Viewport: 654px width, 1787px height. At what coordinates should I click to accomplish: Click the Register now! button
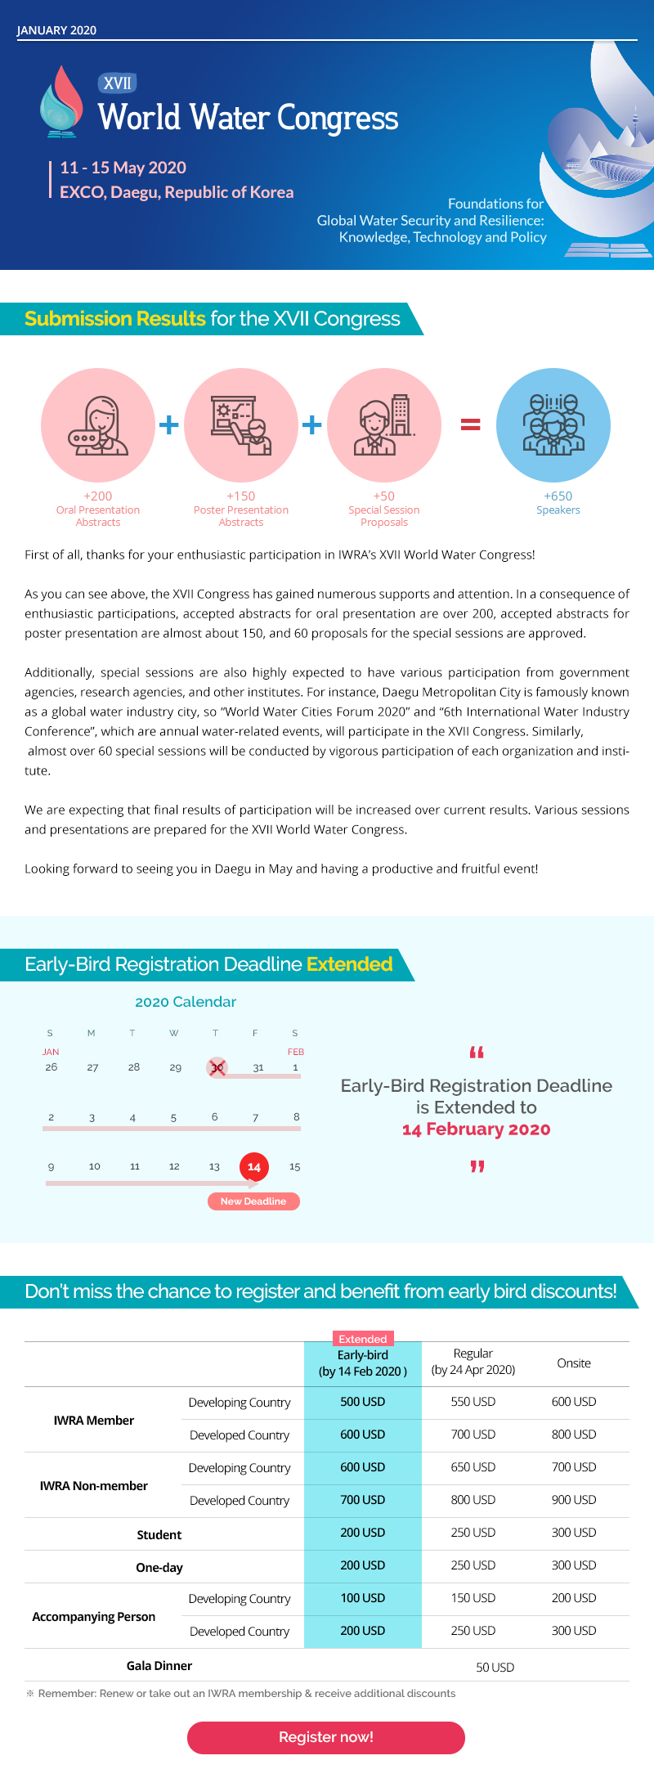pos(326,1737)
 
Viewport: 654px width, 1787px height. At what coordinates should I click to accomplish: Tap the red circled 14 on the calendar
pos(253,1167)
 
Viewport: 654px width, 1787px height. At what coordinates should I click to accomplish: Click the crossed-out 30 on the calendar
pos(217,1067)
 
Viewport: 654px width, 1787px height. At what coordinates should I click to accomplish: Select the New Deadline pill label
pos(253,1201)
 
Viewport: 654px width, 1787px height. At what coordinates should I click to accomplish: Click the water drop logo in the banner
pos(61,101)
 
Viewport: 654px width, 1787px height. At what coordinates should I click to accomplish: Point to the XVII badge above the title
pos(118,83)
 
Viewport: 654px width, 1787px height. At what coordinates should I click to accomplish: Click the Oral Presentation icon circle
pos(98,425)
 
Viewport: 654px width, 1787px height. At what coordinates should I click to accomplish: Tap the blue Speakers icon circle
pos(553,425)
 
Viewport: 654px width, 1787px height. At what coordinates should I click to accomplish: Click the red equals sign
pos(470,424)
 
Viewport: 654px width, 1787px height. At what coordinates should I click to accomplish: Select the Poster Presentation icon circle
pos(241,425)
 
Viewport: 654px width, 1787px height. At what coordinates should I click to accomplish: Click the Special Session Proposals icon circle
pos(384,425)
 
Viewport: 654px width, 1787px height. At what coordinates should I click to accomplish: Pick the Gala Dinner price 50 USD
pos(495,1668)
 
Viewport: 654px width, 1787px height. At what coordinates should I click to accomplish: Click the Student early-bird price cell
pos(362,1533)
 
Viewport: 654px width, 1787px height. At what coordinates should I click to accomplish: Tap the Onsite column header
pos(574,1363)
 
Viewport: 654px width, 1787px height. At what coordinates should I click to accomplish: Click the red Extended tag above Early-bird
pos(363,1339)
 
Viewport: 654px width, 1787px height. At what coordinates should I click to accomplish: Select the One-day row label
pos(159,1568)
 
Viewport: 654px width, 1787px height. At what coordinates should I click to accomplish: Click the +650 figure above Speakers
pos(558,496)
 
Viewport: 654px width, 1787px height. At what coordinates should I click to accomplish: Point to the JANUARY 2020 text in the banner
pos(56,30)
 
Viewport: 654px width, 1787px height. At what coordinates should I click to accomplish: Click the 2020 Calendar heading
pos(186,1002)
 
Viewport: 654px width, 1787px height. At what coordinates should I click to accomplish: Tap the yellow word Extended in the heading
pos(350,964)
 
